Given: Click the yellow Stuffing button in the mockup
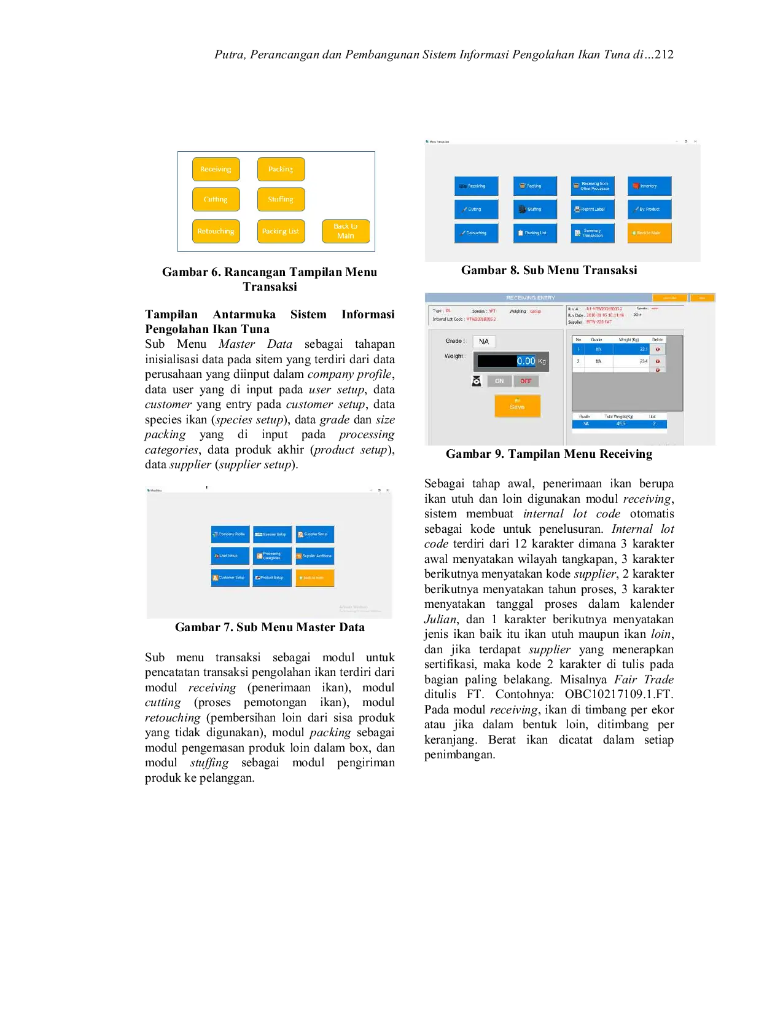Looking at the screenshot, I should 281,199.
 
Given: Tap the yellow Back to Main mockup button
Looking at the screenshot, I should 345,231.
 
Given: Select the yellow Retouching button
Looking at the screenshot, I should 216,231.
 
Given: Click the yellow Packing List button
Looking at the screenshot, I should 281,231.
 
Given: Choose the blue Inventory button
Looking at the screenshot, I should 649,186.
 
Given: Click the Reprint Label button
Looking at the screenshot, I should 592,209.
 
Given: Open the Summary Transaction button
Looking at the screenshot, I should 592,233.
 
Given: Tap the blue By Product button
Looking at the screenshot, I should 649,209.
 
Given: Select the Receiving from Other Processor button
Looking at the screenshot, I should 592,186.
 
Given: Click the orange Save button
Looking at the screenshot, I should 517,406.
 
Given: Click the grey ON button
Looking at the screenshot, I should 499,381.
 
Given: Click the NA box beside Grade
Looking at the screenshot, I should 484,342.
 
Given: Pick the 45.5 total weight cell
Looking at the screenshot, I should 621,424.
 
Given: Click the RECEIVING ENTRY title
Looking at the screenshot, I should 530,297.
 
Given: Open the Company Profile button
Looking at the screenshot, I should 230,534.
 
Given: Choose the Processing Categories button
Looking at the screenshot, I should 272,556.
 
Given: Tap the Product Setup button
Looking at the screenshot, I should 272,578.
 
